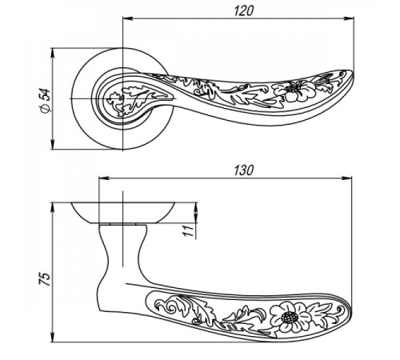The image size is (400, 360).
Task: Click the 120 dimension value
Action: pos(243,11)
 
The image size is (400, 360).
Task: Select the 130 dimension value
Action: pos(243,170)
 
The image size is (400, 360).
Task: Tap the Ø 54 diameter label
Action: pos(46,101)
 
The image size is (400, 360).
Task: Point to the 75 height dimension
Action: pos(46,279)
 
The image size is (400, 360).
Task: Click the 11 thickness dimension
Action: pos(188,230)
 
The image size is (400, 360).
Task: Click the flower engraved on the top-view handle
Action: pos(294,90)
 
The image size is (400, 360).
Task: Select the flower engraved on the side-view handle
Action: pos(290,317)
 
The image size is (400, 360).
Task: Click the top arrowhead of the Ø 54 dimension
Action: pos(53,54)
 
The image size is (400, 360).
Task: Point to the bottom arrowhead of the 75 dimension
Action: pos(53,337)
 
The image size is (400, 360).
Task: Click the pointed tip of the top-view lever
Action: pos(353,73)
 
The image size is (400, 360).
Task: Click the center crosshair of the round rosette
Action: pos(123,98)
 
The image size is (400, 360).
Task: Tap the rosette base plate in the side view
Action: pos(123,214)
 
